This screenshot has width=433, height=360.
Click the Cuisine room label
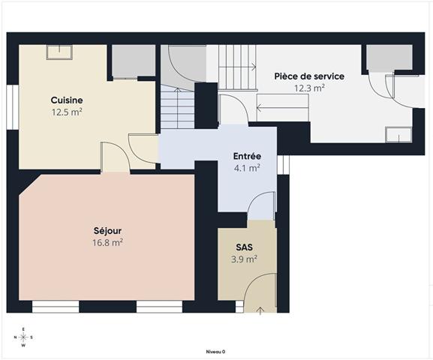click(67, 100)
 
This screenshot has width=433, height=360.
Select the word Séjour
click(107, 230)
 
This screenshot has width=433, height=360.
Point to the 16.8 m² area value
click(107, 242)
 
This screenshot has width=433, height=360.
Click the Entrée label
click(246, 156)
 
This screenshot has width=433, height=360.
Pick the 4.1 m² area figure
click(246, 168)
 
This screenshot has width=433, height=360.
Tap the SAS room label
click(245, 247)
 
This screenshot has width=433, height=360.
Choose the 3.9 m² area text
click(245, 259)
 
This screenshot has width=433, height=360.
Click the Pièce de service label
click(309, 76)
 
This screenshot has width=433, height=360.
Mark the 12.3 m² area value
click(309, 88)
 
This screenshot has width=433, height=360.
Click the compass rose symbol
click(23, 337)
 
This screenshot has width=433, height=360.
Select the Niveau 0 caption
click(215, 351)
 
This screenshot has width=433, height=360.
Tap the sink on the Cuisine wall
click(58, 52)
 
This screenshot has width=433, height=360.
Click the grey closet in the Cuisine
click(133, 61)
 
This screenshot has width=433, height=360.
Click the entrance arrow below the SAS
click(260, 308)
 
